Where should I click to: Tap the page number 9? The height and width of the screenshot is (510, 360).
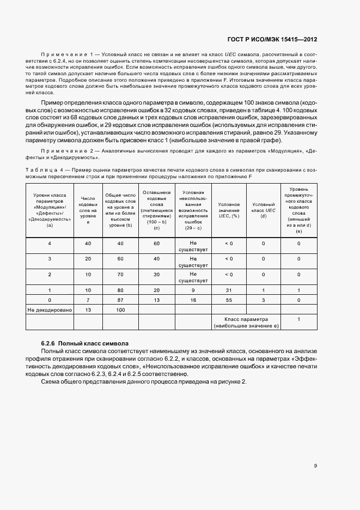(316, 466)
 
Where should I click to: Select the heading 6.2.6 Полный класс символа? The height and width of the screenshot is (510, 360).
(84, 344)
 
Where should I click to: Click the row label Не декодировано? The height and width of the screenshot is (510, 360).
(50, 309)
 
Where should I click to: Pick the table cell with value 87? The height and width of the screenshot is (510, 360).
(121, 300)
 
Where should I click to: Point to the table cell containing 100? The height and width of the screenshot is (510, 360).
(121, 309)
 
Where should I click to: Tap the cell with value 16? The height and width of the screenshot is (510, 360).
(193, 300)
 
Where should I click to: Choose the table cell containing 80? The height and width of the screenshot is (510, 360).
(121, 290)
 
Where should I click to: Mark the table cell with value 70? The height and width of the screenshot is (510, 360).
(121, 275)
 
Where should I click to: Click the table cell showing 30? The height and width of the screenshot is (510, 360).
(157, 275)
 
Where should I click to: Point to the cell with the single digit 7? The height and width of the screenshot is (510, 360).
(88, 300)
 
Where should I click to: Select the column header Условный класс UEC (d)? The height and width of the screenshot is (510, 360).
(264, 210)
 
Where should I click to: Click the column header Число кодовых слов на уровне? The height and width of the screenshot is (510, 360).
(88, 210)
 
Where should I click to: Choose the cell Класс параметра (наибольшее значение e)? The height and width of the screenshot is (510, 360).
(246, 322)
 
